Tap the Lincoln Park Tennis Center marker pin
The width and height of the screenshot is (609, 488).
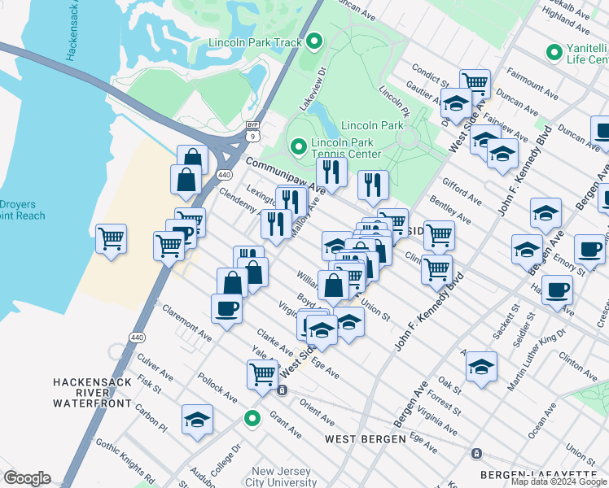(298, 147)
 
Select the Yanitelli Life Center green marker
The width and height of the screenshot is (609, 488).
(554, 53)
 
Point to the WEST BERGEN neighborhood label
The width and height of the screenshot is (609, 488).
(365, 439)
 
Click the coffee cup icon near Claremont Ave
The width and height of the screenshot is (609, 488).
(226, 307)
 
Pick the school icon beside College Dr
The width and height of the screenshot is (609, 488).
(197, 419)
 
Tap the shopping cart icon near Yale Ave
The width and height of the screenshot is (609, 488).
(262, 374)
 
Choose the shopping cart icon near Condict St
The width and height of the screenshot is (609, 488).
(475, 82)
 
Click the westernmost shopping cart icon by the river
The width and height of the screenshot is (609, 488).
(111, 238)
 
